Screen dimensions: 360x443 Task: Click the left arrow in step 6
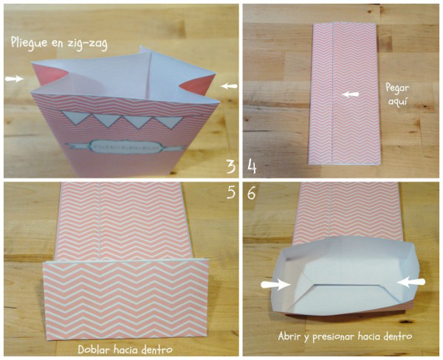click(x=275, y=283)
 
